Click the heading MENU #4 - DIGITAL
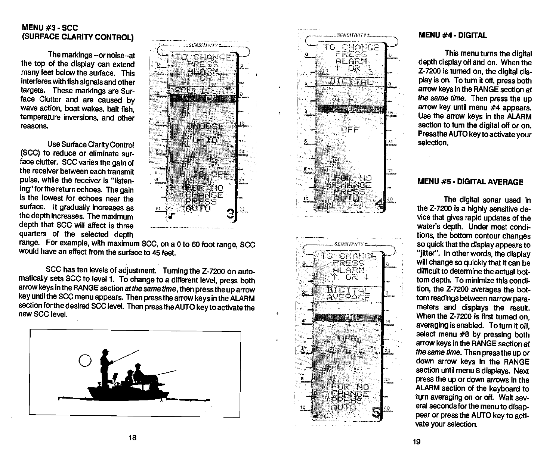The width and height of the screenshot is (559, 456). [x=453, y=35]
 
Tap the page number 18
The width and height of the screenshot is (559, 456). [x=132, y=438]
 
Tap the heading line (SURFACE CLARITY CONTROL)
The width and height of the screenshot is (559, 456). [x=77, y=37]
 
